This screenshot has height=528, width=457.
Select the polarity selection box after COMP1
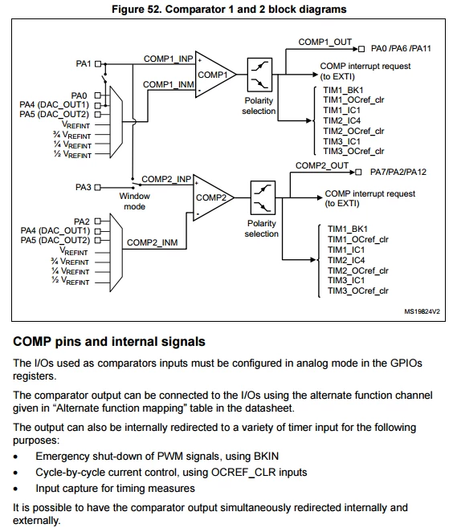[x=259, y=75]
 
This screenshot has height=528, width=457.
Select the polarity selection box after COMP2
[x=263, y=197]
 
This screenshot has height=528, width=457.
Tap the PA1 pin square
[x=98, y=63]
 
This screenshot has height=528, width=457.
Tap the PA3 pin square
[x=98, y=187]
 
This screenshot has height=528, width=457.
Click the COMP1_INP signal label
[x=168, y=59]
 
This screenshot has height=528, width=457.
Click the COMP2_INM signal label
[x=153, y=243]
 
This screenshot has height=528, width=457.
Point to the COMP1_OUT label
[x=325, y=42]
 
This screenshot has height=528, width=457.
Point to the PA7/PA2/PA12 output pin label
[x=398, y=172]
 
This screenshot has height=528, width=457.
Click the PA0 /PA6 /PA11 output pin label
[x=401, y=48]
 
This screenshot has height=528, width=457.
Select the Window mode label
[x=134, y=201]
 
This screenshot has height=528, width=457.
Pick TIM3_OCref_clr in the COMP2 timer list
[x=358, y=291]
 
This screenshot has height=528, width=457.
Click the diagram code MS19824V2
[x=422, y=311]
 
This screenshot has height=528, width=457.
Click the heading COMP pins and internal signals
[x=109, y=342]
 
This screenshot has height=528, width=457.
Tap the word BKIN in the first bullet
[x=266, y=457]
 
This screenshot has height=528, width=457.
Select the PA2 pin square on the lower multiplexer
[x=98, y=221]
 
